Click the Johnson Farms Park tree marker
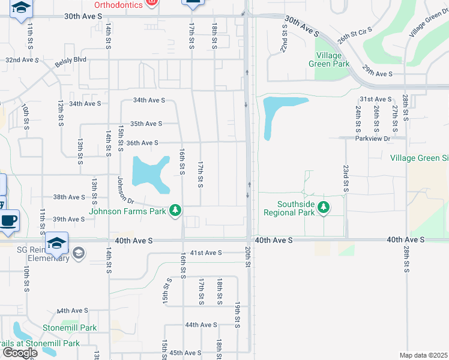[175, 210]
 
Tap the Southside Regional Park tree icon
[324, 208]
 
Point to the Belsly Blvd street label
[71, 59]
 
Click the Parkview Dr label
[372, 138]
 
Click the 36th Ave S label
[142, 143]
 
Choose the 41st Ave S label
[205, 253]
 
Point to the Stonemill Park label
[70, 328]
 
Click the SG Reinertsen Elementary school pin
[56, 242]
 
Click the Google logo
[20, 353]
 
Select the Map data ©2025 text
[423, 355]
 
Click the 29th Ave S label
[376, 73]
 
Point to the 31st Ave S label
[375, 99]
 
